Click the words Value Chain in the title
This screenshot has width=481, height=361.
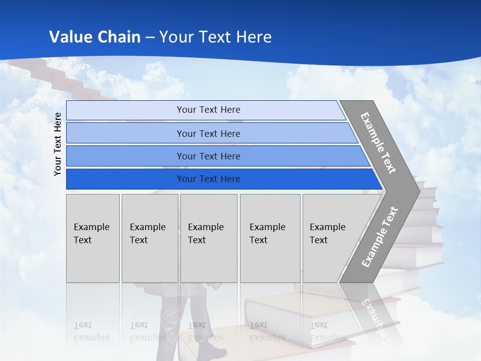(95, 37)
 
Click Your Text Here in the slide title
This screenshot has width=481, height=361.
(215, 37)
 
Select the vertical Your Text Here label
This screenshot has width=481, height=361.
(58, 144)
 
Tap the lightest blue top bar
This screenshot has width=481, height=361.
(208, 110)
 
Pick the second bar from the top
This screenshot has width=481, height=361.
(208, 133)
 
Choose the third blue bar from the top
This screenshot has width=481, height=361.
(208, 156)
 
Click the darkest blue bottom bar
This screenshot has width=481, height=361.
(208, 179)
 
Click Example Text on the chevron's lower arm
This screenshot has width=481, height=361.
(380, 237)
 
